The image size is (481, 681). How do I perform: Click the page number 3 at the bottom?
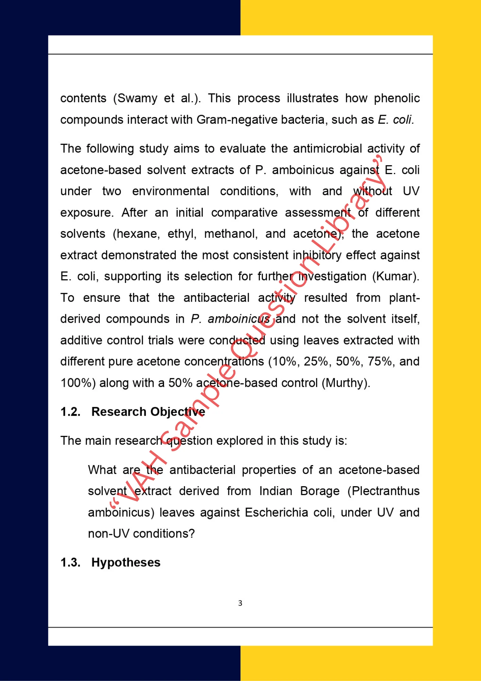[240, 603]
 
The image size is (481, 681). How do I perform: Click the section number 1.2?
[70, 412]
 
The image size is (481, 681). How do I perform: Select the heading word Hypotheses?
[126, 562]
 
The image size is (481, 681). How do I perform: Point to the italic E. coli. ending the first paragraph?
[396, 120]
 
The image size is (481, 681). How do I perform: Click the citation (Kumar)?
[396, 276]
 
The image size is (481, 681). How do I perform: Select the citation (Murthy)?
[346, 383]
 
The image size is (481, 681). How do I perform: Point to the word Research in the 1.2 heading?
[119, 412]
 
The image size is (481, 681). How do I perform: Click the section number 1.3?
[70, 562]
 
